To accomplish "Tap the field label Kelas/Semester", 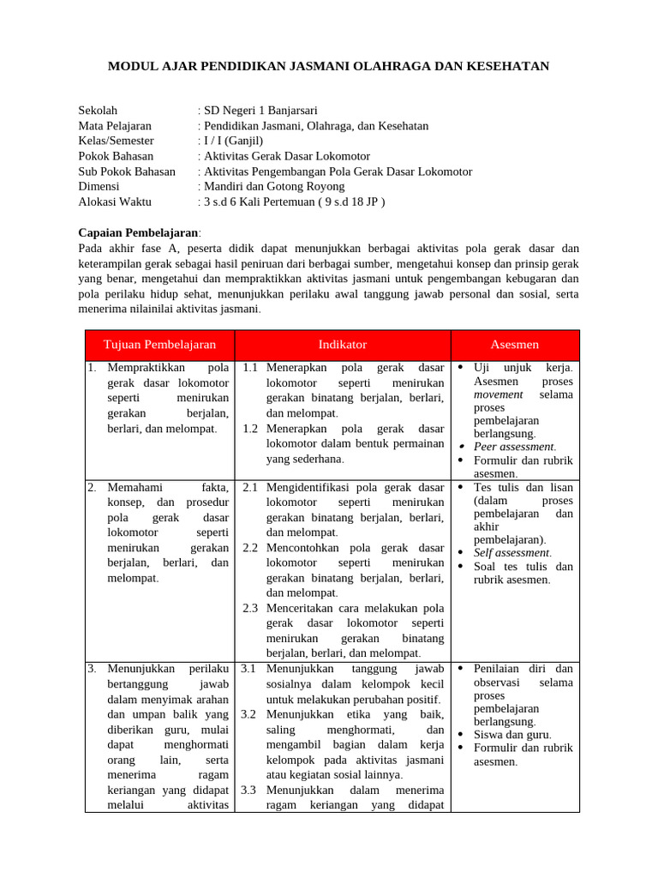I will (116, 141).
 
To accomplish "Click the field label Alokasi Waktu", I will (114, 201).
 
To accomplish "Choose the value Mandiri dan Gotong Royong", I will (272, 186).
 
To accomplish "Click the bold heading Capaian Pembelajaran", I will (138, 232).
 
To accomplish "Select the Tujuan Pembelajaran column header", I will (159, 345).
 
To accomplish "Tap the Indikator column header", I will (343, 345).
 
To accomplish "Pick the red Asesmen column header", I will (515, 345).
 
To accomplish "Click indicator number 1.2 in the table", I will (250, 429).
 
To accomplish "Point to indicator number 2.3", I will (250, 608).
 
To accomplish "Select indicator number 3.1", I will (250, 668).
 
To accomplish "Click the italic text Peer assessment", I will (514, 447).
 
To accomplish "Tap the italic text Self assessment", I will (511, 553).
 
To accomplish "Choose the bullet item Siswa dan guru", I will (512, 734).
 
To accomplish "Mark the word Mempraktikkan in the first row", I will (147, 368).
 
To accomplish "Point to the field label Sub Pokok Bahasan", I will (127, 171).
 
